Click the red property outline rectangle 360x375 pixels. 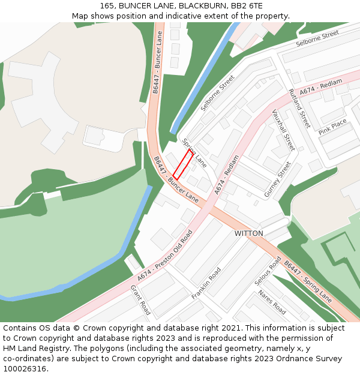(183, 164)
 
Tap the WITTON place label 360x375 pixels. (248, 233)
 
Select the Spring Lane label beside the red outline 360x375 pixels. (194, 153)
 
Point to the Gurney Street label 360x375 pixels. (278, 179)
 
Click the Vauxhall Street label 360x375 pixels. (283, 130)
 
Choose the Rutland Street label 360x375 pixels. (299, 109)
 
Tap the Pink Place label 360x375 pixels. (332, 127)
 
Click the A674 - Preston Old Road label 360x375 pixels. (165, 256)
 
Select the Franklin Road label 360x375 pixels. (206, 283)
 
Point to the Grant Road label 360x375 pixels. (140, 299)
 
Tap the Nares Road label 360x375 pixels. (272, 302)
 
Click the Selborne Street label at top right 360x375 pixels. (317, 40)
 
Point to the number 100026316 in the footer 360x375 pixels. (23, 368)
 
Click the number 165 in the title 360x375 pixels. (108, 5)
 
